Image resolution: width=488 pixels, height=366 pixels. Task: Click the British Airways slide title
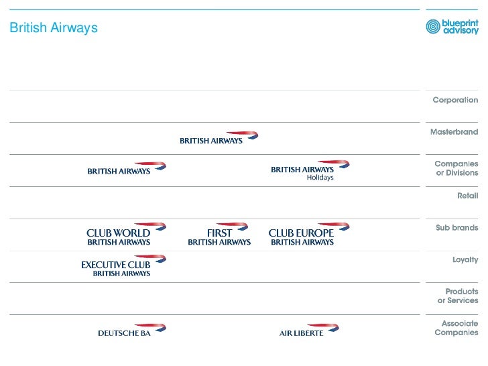pyautogui.click(x=54, y=28)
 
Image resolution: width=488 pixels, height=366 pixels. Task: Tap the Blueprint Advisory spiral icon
pyautogui.click(x=434, y=27)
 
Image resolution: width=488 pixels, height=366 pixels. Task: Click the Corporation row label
pyautogui.click(x=455, y=100)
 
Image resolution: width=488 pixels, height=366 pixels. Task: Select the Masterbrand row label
pyautogui.click(x=454, y=132)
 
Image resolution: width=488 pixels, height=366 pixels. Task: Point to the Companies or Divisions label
pyautogui.click(x=456, y=168)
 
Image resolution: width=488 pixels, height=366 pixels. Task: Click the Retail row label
pyautogui.click(x=467, y=196)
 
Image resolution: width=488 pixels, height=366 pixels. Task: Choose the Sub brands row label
pyautogui.click(x=456, y=228)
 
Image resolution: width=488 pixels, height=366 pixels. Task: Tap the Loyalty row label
pyautogui.click(x=465, y=259)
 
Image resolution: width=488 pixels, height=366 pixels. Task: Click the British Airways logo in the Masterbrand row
pyautogui.click(x=219, y=138)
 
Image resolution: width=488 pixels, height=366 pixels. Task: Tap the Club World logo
pyautogui.click(x=125, y=234)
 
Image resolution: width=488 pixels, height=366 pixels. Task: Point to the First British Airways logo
pyautogui.click(x=219, y=234)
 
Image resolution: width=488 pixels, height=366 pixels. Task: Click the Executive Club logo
pyautogui.click(x=123, y=265)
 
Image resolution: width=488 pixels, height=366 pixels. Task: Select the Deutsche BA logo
pyautogui.click(x=131, y=330)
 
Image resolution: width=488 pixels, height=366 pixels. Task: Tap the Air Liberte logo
pyautogui.click(x=309, y=330)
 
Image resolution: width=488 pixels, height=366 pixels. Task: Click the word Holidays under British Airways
pyautogui.click(x=320, y=178)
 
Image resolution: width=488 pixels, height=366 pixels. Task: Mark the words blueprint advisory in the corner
pyautogui.click(x=461, y=26)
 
